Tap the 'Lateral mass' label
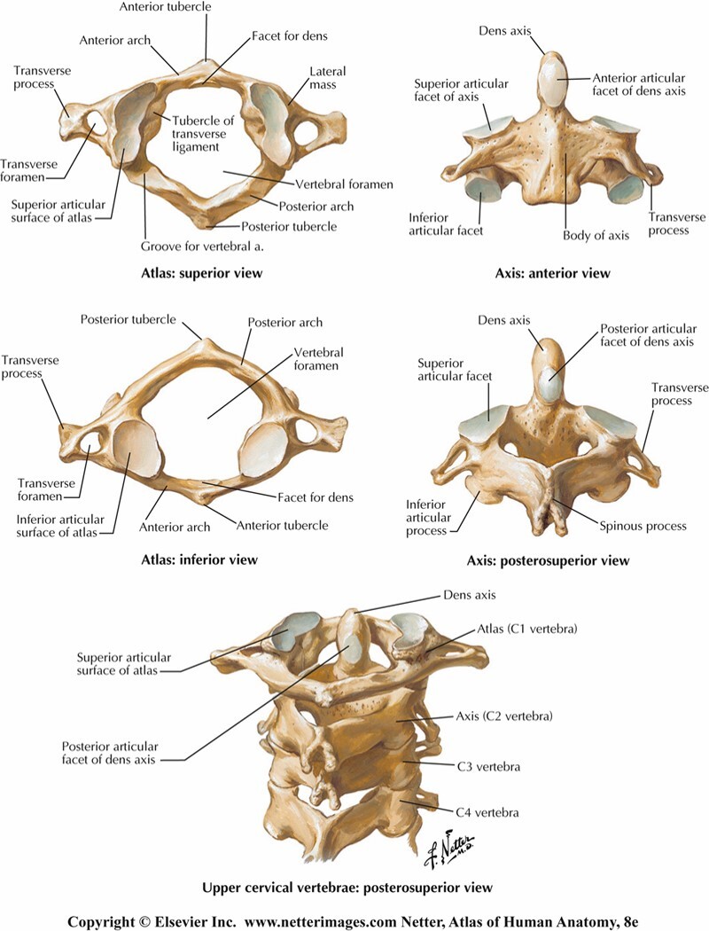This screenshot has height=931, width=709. [x=327, y=77]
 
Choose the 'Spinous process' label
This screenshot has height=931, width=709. [x=639, y=526]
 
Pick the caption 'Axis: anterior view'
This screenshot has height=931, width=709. [x=552, y=273]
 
